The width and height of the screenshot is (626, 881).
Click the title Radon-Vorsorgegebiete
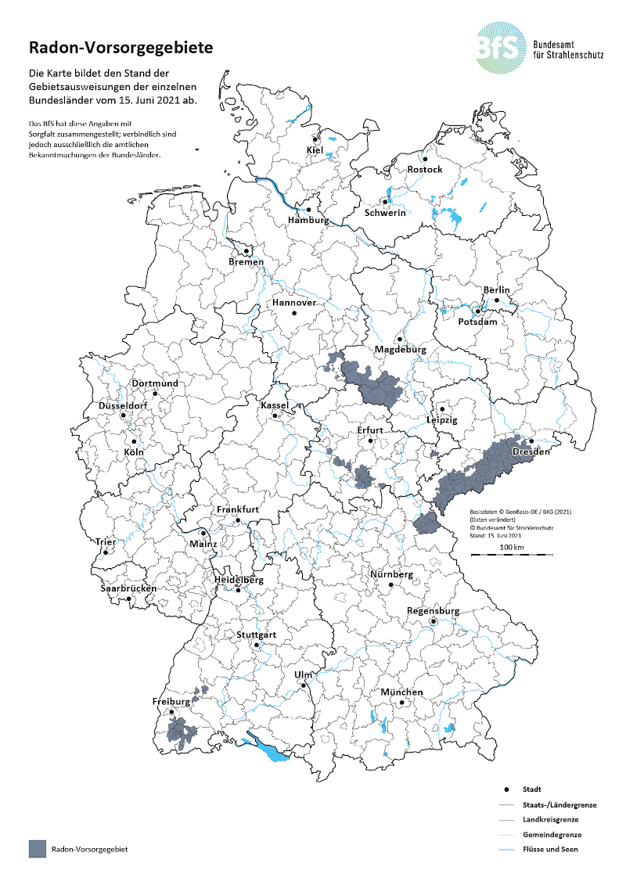(x=121, y=48)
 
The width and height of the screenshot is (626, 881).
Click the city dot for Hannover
(x=294, y=313)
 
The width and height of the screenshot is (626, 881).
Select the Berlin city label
(x=496, y=290)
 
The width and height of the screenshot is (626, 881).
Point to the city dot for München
(x=401, y=703)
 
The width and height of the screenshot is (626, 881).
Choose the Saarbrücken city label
(x=128, y=588)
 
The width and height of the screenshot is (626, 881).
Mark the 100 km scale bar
(x=512, y=554)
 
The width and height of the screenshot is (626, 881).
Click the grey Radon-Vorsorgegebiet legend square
(x=36, y=849)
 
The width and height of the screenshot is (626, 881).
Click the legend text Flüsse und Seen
(x=550, y=849)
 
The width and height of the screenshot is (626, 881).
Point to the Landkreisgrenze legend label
(x=552, y=819)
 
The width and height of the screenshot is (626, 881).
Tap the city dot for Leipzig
(x=442, y=408)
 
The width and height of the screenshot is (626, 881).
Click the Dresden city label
(x=531, y=451)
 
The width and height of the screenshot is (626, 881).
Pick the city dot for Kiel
(x=315, y=139)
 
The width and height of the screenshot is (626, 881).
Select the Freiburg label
(x=171, y=702)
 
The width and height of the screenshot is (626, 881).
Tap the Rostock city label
(x=425, y=170)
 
